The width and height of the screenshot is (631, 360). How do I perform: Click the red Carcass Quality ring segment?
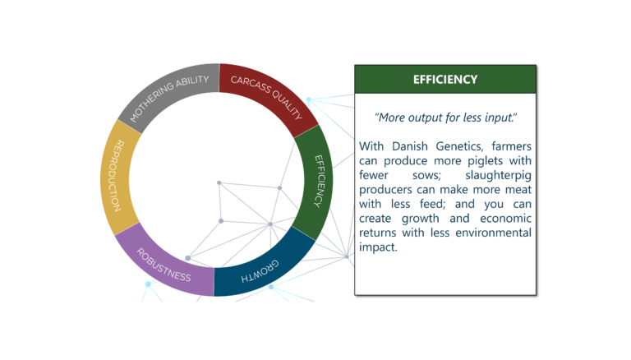268,95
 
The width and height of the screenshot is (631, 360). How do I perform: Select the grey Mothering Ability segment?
169,93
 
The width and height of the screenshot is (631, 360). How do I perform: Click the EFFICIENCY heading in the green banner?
445,80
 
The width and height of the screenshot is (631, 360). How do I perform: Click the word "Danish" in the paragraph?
410,146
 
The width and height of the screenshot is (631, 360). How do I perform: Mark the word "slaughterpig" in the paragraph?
498,176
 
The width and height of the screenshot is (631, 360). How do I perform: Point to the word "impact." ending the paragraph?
378,247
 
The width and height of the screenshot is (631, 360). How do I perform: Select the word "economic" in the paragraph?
506,219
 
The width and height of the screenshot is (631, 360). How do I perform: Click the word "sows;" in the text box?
426,176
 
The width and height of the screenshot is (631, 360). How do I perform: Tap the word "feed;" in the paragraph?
433,204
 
